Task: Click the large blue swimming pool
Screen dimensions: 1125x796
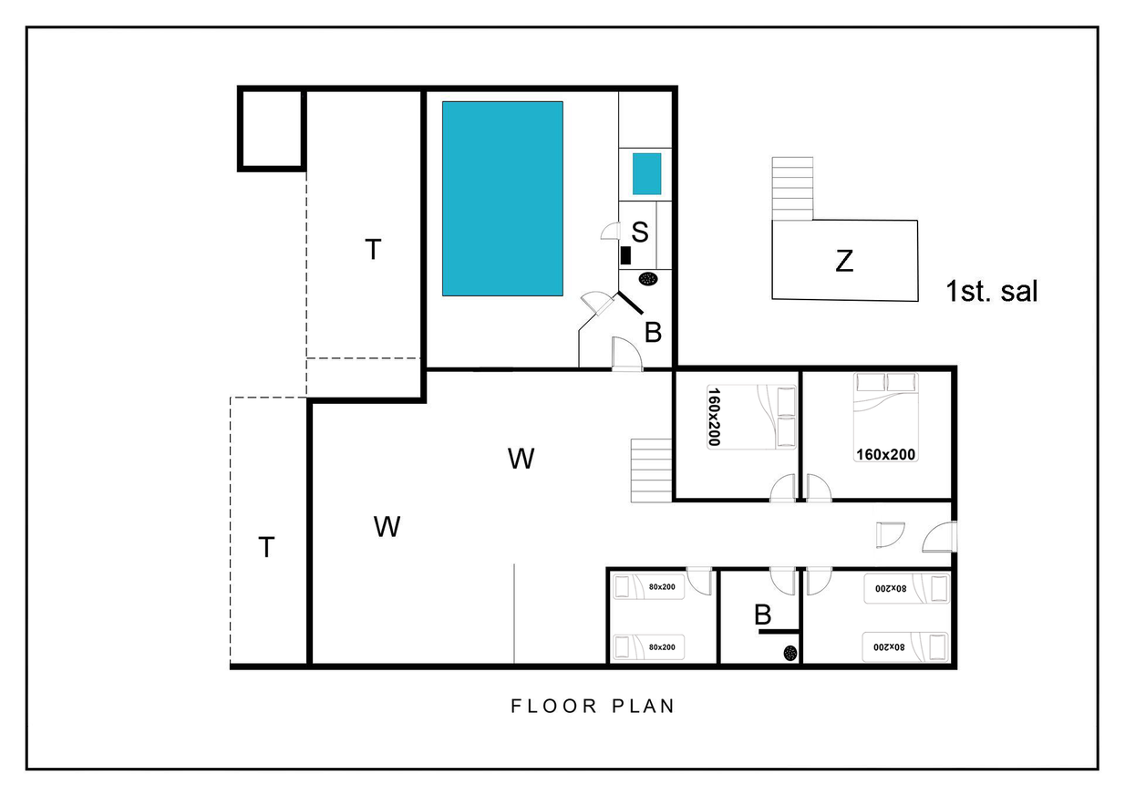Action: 502,199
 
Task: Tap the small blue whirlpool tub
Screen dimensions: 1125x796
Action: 646,174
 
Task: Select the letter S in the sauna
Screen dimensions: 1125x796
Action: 639,232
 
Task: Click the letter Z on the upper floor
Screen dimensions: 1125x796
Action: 844,261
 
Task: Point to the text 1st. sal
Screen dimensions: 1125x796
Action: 991,291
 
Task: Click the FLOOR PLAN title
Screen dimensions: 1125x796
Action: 593,706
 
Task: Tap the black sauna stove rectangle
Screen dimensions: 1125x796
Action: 625,255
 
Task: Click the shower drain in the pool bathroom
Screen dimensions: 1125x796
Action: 648,279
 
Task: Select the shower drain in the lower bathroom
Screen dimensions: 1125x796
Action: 790,653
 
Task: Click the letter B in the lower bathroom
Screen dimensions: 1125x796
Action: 762,615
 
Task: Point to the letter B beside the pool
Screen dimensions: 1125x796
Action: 653,333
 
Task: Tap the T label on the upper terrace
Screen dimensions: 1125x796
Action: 373,249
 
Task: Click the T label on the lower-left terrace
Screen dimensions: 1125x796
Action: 266,547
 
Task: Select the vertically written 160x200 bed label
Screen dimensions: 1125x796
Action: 714,417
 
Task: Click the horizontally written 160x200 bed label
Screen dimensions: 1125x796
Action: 885,454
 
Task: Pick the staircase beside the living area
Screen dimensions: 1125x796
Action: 652,470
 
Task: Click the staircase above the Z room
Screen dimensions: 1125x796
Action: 792,189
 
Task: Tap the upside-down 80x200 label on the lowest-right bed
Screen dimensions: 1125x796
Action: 889,647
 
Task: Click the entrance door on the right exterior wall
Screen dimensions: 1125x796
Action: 940,537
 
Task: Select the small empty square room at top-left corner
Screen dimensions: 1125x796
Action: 272,129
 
